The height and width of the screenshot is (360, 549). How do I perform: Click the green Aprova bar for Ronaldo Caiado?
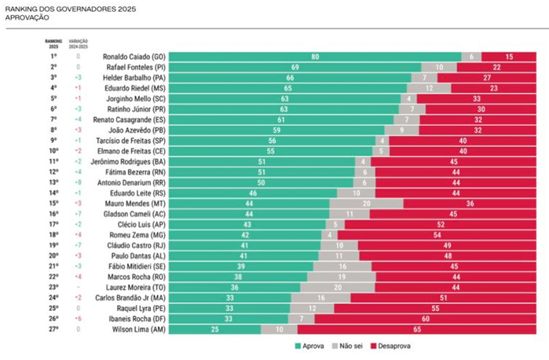click(x=314, y=57)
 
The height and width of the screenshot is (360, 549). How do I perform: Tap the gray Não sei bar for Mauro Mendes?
click(x=367, y=202)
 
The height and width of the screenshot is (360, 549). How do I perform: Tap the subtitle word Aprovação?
click(x=24, y=17)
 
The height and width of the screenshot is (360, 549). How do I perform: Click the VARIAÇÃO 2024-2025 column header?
click(x=79, y=44)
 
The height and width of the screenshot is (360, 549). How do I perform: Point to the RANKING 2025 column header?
click(x=53, y=44)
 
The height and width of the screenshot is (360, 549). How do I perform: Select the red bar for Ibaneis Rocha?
click(x=424, y=319)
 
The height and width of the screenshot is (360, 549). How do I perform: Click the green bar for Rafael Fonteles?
click(x=295, y=68)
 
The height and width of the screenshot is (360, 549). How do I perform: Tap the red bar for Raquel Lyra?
click(x=435, y=309)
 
